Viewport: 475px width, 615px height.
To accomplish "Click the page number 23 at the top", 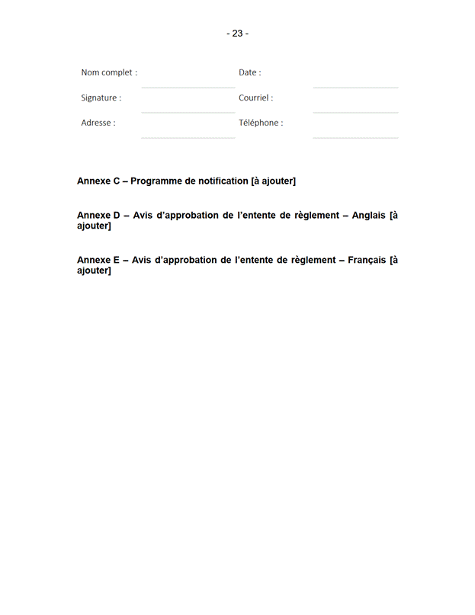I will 237,34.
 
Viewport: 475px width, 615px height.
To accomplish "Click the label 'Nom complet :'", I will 109,72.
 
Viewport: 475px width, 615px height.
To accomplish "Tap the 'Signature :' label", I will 101,98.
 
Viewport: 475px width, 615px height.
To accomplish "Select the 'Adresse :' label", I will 98,123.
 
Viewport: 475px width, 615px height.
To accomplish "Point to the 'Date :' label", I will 249,72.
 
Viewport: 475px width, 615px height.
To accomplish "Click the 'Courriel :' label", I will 255,98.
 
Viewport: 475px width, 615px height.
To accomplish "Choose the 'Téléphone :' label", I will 261,123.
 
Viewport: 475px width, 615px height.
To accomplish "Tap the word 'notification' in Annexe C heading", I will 223,181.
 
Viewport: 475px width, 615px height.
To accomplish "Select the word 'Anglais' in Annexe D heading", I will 368,216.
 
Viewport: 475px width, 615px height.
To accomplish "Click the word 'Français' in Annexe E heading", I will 367,260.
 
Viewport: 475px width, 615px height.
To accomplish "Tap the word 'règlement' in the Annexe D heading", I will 316,216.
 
